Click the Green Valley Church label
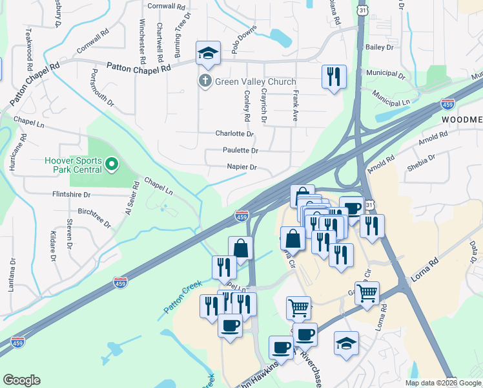[255, 81]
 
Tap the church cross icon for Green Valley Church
[205, 81]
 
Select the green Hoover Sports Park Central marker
[112, 164]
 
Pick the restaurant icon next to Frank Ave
[334, 76]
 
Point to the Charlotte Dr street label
[234, 134]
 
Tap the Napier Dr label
[241, 167]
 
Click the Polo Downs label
[244, 39]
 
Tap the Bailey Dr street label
[379, 47]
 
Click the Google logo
[21, 380]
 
